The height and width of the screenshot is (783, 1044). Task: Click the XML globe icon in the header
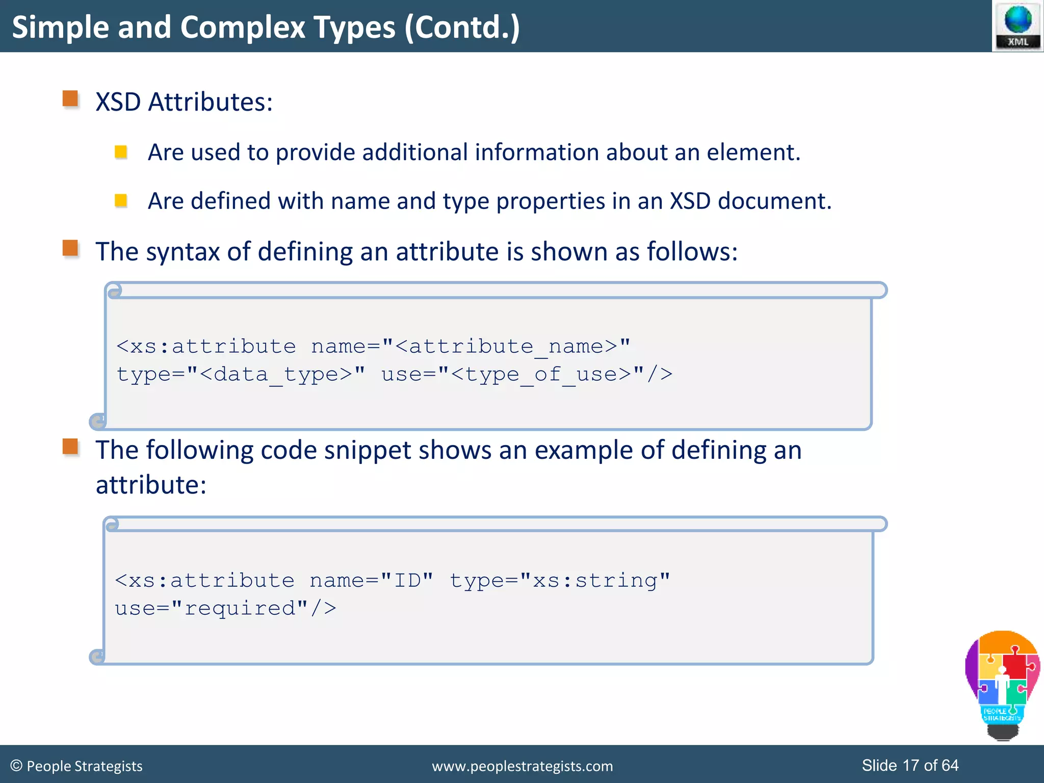click(x=1017, y=25)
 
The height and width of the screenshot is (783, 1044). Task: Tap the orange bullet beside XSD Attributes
click(x=70, y=98)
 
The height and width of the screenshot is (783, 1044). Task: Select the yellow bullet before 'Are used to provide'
click(x=121, y=152)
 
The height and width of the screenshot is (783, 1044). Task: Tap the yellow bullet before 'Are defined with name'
click(x=121, y=200)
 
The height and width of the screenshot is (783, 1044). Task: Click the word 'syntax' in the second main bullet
click(x=182, y=252)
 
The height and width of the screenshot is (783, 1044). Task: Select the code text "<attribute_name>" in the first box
click(x=512, y=347)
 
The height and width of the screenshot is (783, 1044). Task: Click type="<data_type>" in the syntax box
click(x=241, y=374)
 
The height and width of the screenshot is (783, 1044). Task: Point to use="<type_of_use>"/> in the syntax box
click(x=526, y=374)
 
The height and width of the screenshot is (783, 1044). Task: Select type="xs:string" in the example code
click(x=559, y=581)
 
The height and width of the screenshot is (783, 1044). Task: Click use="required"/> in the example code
click(x=225, y=608)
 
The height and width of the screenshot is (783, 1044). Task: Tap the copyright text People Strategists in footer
click(x=77, y=766)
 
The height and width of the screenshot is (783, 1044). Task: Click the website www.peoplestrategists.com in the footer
click(x=522, y=766)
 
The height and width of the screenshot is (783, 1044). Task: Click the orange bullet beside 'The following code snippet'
click(x=70, y=447)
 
